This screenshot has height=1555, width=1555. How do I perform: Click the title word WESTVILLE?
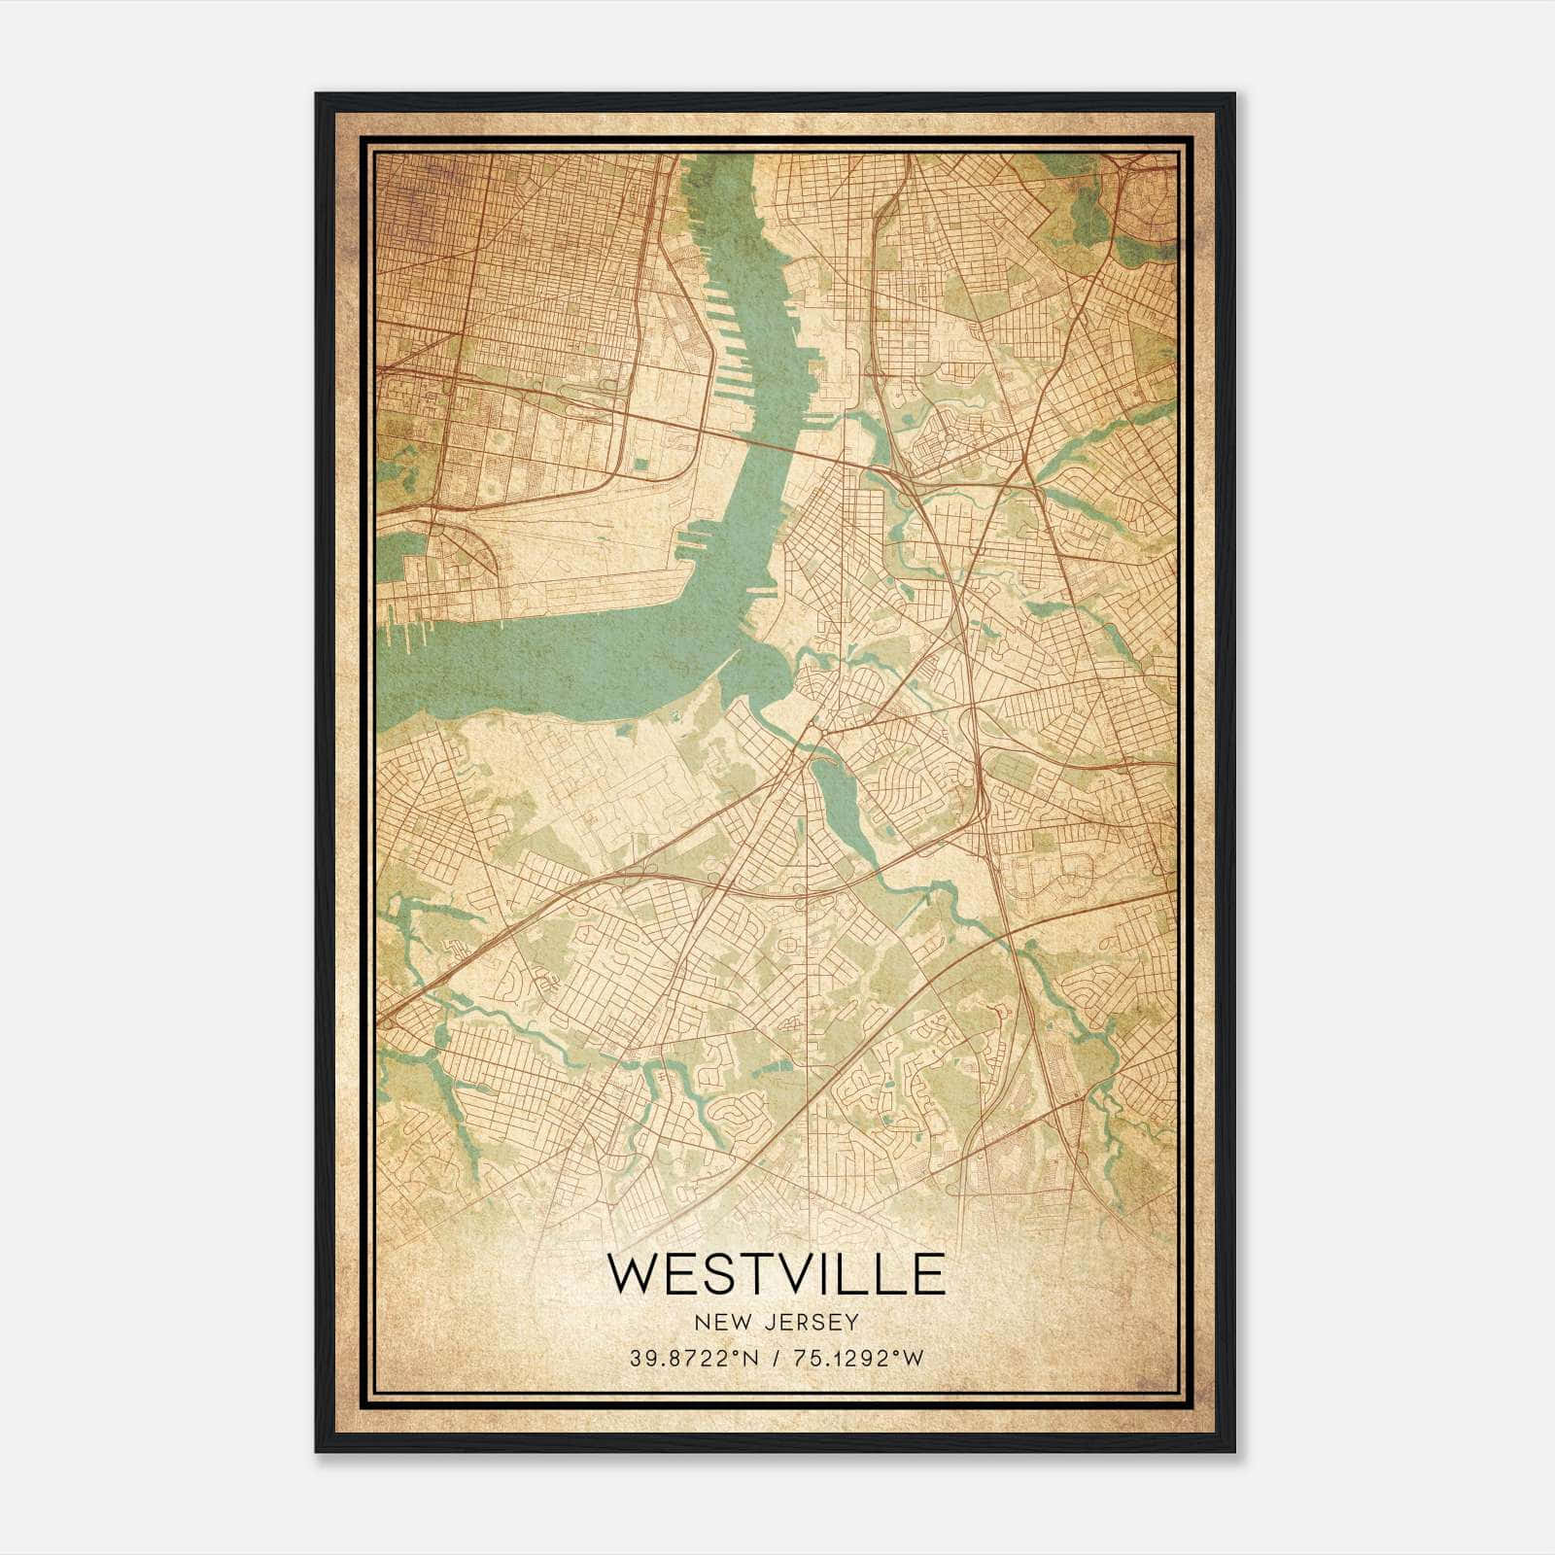[776, 1274]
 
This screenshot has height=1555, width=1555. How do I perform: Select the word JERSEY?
[811, 1323]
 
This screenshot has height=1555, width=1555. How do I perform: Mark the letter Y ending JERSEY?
[852, 1323]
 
